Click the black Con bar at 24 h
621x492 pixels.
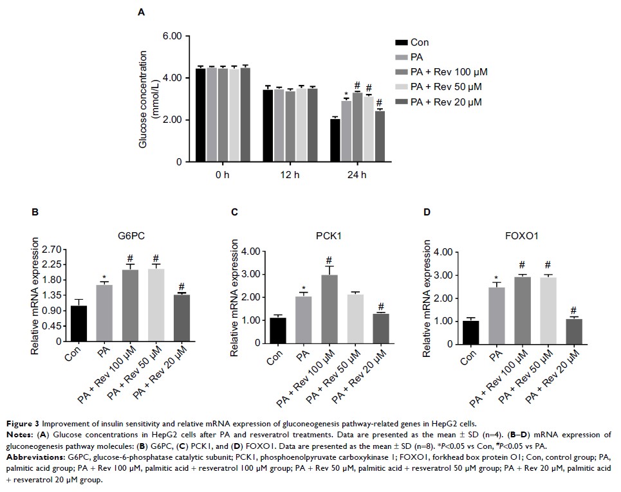coord(335,140)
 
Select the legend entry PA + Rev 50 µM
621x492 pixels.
coord(445,87)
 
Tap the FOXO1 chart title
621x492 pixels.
coord(523,236)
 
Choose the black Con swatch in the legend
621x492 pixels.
coord(400,42)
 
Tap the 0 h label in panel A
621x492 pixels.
coord(223,175)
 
